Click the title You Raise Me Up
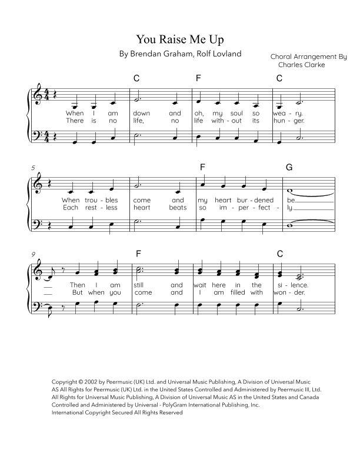pos(180,39)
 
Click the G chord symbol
pos(289,167)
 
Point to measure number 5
pos(34,168)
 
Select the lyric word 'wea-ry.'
pos(288,112)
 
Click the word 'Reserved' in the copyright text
pos(170,413)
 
